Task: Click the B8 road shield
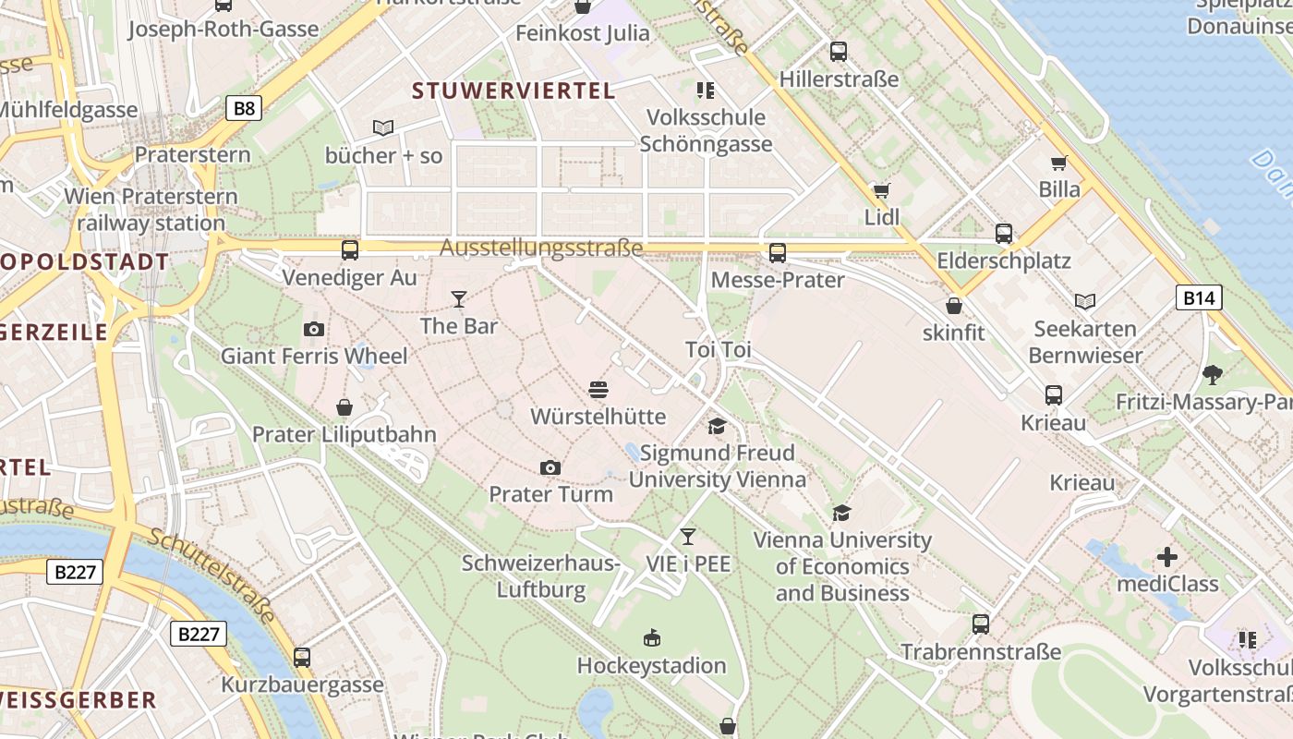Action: (244, 108)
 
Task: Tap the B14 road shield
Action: (1199, 297)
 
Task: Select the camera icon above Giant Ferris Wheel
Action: (314, 329)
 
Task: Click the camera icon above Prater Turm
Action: (550, 467)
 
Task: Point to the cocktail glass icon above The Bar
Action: (458, 298)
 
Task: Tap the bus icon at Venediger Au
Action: (350, 249)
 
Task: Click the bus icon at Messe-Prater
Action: (778, 252)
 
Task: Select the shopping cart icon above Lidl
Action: (881, 190)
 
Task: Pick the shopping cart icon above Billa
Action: (1059, 163)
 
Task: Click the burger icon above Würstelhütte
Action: (598, 390)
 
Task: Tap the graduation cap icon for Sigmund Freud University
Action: (717, 426)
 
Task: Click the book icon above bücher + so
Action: (383, 127)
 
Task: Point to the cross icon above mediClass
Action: (1167, 557)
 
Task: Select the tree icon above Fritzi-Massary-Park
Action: (1212, 375)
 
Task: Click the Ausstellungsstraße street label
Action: (541, 248)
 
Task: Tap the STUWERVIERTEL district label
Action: (514, 91)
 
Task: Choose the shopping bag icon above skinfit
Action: (954, 305)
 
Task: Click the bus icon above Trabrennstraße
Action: (981, 624)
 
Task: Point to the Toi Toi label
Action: (719, 350)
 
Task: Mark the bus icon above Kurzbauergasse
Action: (302, 658)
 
